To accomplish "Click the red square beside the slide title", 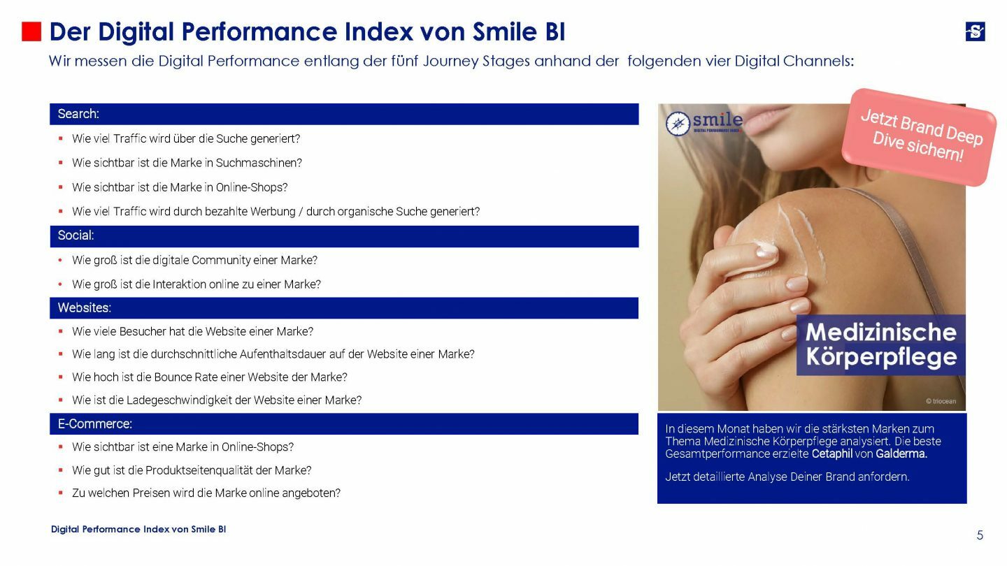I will click(31, 32).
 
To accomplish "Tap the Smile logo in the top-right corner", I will click(975, 31).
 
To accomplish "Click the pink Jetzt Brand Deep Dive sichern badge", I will click(920, 136).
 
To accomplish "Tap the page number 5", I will click(980, 535).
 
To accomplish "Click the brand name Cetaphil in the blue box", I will click(832, 453).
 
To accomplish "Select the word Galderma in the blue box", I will click(901, 453).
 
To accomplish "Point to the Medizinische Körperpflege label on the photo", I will click(880, 344).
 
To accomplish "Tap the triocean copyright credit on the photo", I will click(941, 401).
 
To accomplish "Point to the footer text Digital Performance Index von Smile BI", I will click(138, 530).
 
